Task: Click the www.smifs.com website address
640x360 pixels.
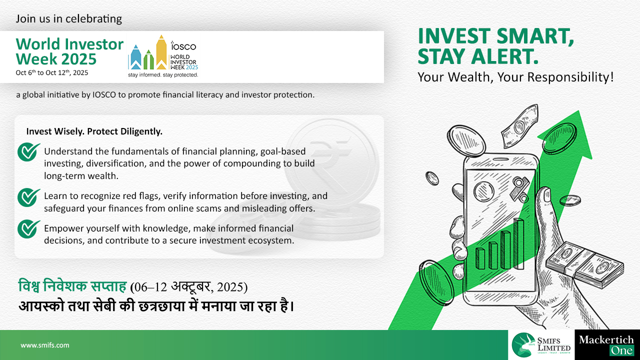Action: click(45, 345)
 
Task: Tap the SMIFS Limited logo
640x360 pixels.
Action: click(541, 345)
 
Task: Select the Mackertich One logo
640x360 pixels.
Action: click(606, 345)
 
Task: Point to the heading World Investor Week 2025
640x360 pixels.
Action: click(69, 51)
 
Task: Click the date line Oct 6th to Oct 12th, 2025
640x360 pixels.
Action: click(51, 72)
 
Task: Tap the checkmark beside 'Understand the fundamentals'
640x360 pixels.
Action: click(28, 151)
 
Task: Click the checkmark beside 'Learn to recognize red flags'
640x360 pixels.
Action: click(28, 197)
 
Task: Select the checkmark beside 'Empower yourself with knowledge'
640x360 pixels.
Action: click(28, 228)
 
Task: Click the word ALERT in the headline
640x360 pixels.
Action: click(504, 56)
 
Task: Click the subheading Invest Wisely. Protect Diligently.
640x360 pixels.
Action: click(94, 131)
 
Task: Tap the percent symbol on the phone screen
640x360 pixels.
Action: click(519, 189)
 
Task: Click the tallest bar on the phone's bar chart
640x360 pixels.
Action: click(519, 243)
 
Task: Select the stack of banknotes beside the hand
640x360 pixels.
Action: click(585, 265)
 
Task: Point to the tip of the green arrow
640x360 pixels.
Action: click(579, 110)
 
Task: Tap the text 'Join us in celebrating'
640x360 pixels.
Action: click(69, 19)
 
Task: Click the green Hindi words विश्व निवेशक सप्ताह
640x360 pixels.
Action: click(72, 286)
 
